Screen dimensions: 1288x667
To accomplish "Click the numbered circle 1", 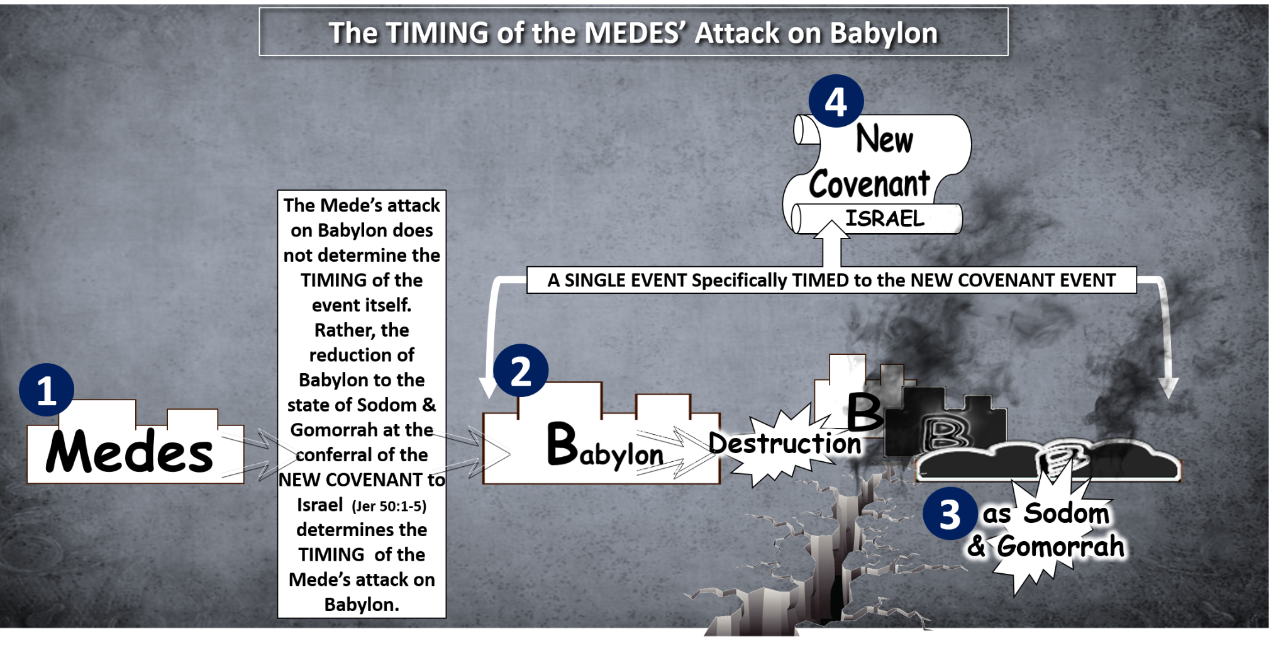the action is (47, 390).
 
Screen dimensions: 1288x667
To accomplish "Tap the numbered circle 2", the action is (521, 371).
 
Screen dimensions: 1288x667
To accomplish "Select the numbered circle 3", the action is (950, 514).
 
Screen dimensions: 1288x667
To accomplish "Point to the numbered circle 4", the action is (836, 101).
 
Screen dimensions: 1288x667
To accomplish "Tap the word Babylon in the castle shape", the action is (605, 447).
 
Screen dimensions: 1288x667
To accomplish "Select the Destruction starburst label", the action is (784, 444).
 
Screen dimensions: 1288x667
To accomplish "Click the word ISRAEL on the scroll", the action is (885, 218).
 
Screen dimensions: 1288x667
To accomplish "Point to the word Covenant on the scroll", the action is (869, 184).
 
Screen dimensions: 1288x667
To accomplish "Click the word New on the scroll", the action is (884, 138).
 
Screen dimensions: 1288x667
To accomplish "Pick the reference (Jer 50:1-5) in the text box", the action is (389, 506).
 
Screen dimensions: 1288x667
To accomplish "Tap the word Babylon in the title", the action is (884, 34).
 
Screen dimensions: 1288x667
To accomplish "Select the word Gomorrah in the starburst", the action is (1060, 546).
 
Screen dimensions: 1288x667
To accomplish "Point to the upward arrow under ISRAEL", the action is (831, 244).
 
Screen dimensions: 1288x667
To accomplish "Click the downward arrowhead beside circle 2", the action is (489, 388).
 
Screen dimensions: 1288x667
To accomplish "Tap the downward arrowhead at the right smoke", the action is (1169, 388).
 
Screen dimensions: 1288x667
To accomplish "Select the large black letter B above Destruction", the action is (865, 412).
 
